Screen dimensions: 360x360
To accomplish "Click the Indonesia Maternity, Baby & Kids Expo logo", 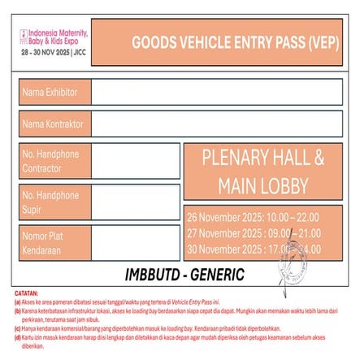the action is point(54,35).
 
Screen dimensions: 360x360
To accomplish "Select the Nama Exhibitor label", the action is point(50,92).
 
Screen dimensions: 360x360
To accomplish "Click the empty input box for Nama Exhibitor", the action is point(216,92).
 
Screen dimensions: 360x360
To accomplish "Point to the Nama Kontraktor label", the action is point(53,124).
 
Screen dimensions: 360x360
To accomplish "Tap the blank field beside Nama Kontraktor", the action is point(216,124).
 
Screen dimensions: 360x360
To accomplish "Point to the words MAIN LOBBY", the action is point(262,185).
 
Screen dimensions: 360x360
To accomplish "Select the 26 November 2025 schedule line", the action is point(253,217).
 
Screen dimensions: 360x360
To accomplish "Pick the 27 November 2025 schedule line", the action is point(253,232).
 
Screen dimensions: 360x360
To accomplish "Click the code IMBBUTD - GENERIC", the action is point(184,272).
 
